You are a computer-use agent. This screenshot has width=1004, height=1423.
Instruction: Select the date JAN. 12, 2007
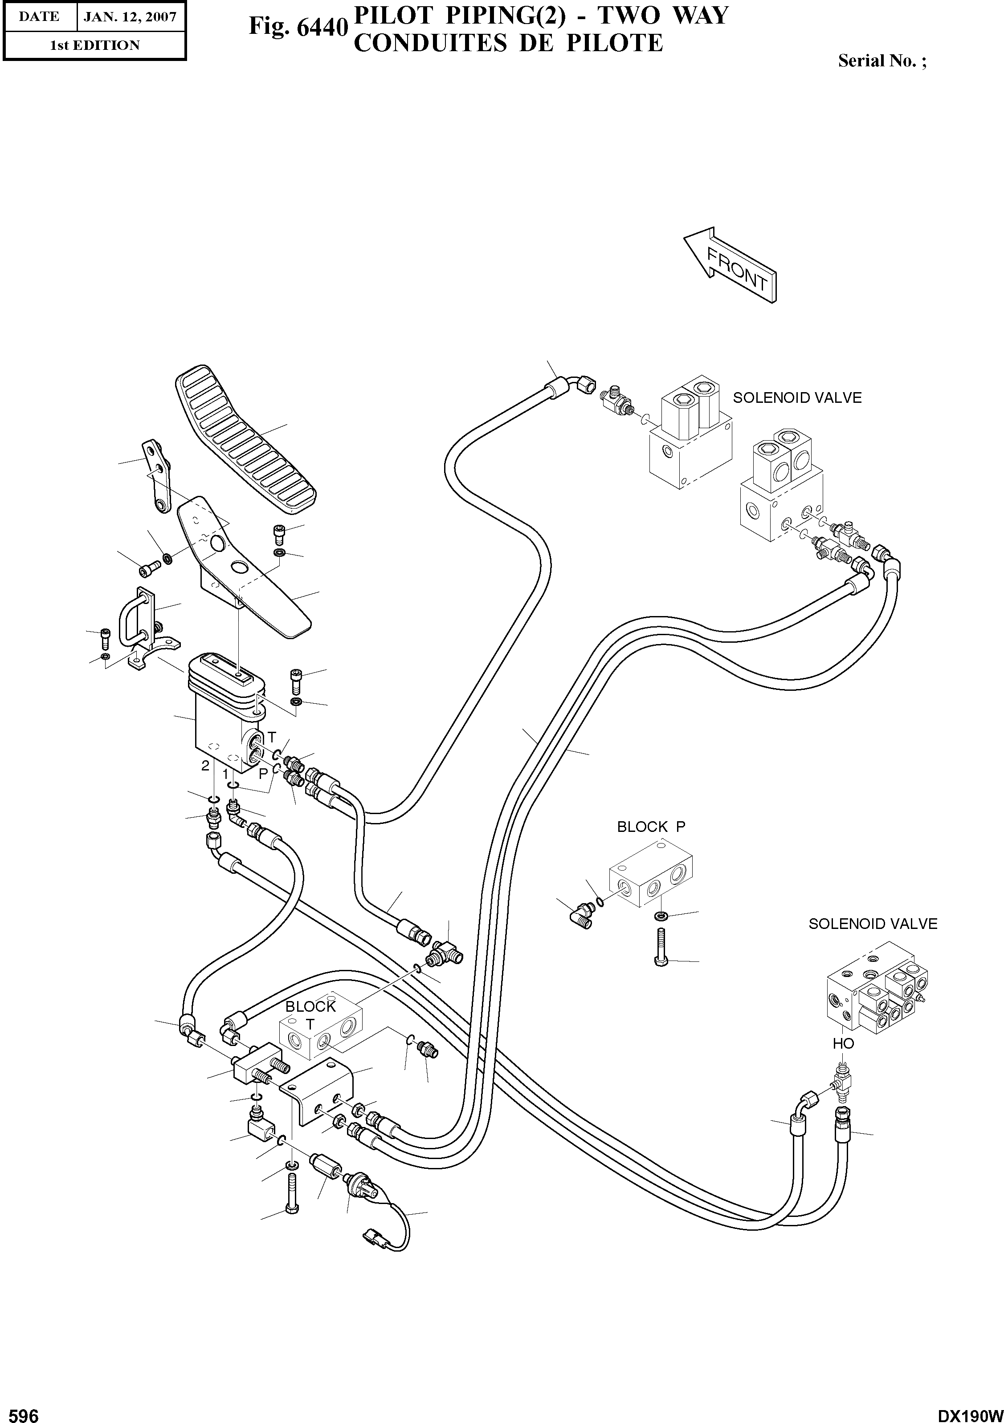[130, 17]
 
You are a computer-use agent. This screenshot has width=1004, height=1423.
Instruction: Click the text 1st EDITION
[94, 45]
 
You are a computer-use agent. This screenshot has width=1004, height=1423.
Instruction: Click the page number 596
[20, 1411]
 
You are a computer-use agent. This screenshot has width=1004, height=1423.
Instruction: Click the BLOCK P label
[650, 827]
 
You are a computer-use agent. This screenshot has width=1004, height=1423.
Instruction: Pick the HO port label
[843, 1044]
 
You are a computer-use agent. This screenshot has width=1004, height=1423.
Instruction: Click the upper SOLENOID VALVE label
[797, 398]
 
